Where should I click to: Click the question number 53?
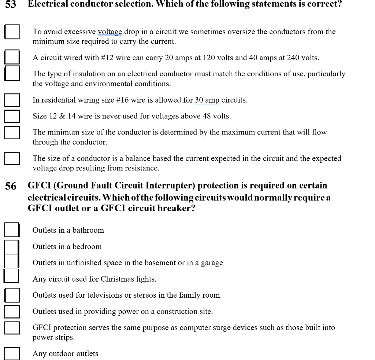(10, 4)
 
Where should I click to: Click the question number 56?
(11, 186)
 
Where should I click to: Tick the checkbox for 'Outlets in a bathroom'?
(12, 230)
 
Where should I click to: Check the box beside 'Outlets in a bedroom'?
(11, 246)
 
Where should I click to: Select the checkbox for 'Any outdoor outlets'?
(12, 354)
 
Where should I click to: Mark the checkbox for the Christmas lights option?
(11, 276)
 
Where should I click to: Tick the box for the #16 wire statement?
(12, 100)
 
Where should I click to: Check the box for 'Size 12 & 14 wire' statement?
(12, 116)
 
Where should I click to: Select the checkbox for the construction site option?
(12, 311)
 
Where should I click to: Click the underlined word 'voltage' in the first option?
(110, 32)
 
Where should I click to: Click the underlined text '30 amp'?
(207, 100)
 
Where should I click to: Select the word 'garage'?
(212, 263)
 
